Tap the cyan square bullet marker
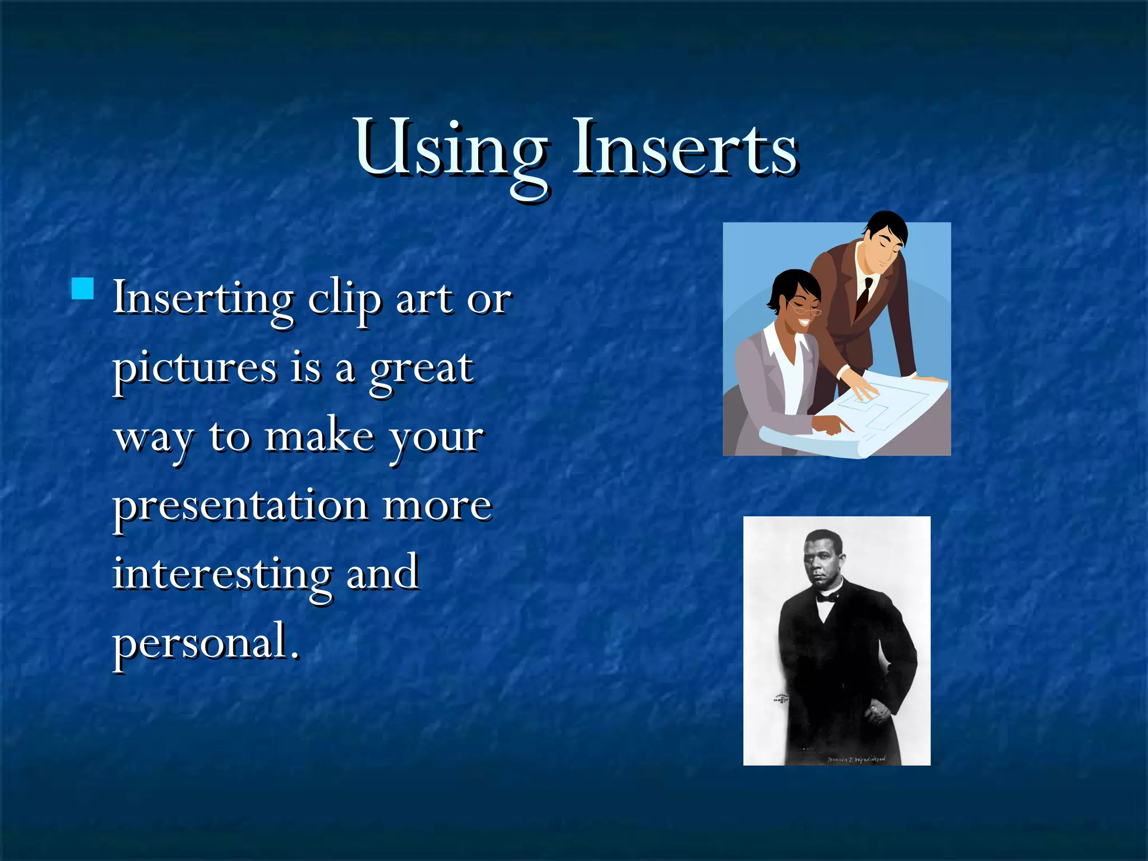point(83,289)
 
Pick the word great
point(422,370)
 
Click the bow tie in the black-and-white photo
point(825,598)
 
